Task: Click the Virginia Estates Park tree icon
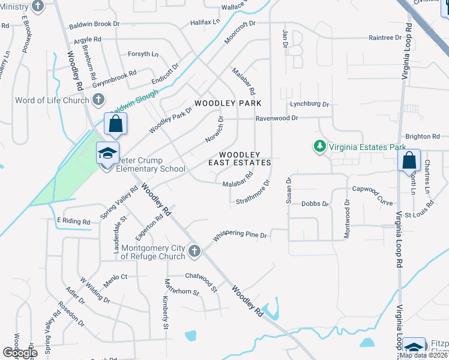320,146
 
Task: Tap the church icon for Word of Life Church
98,100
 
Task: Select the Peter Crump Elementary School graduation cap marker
107,155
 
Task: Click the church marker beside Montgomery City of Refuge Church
193,251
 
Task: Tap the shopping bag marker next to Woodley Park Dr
116,124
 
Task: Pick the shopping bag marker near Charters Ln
409,161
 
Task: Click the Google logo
20,353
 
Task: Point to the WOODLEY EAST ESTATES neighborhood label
240,158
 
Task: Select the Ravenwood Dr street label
277,118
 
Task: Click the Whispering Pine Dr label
240,235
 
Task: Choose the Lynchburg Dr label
310,104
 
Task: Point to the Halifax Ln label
188,22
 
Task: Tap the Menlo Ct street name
116,277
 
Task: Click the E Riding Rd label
73,221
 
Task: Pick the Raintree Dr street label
385,37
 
